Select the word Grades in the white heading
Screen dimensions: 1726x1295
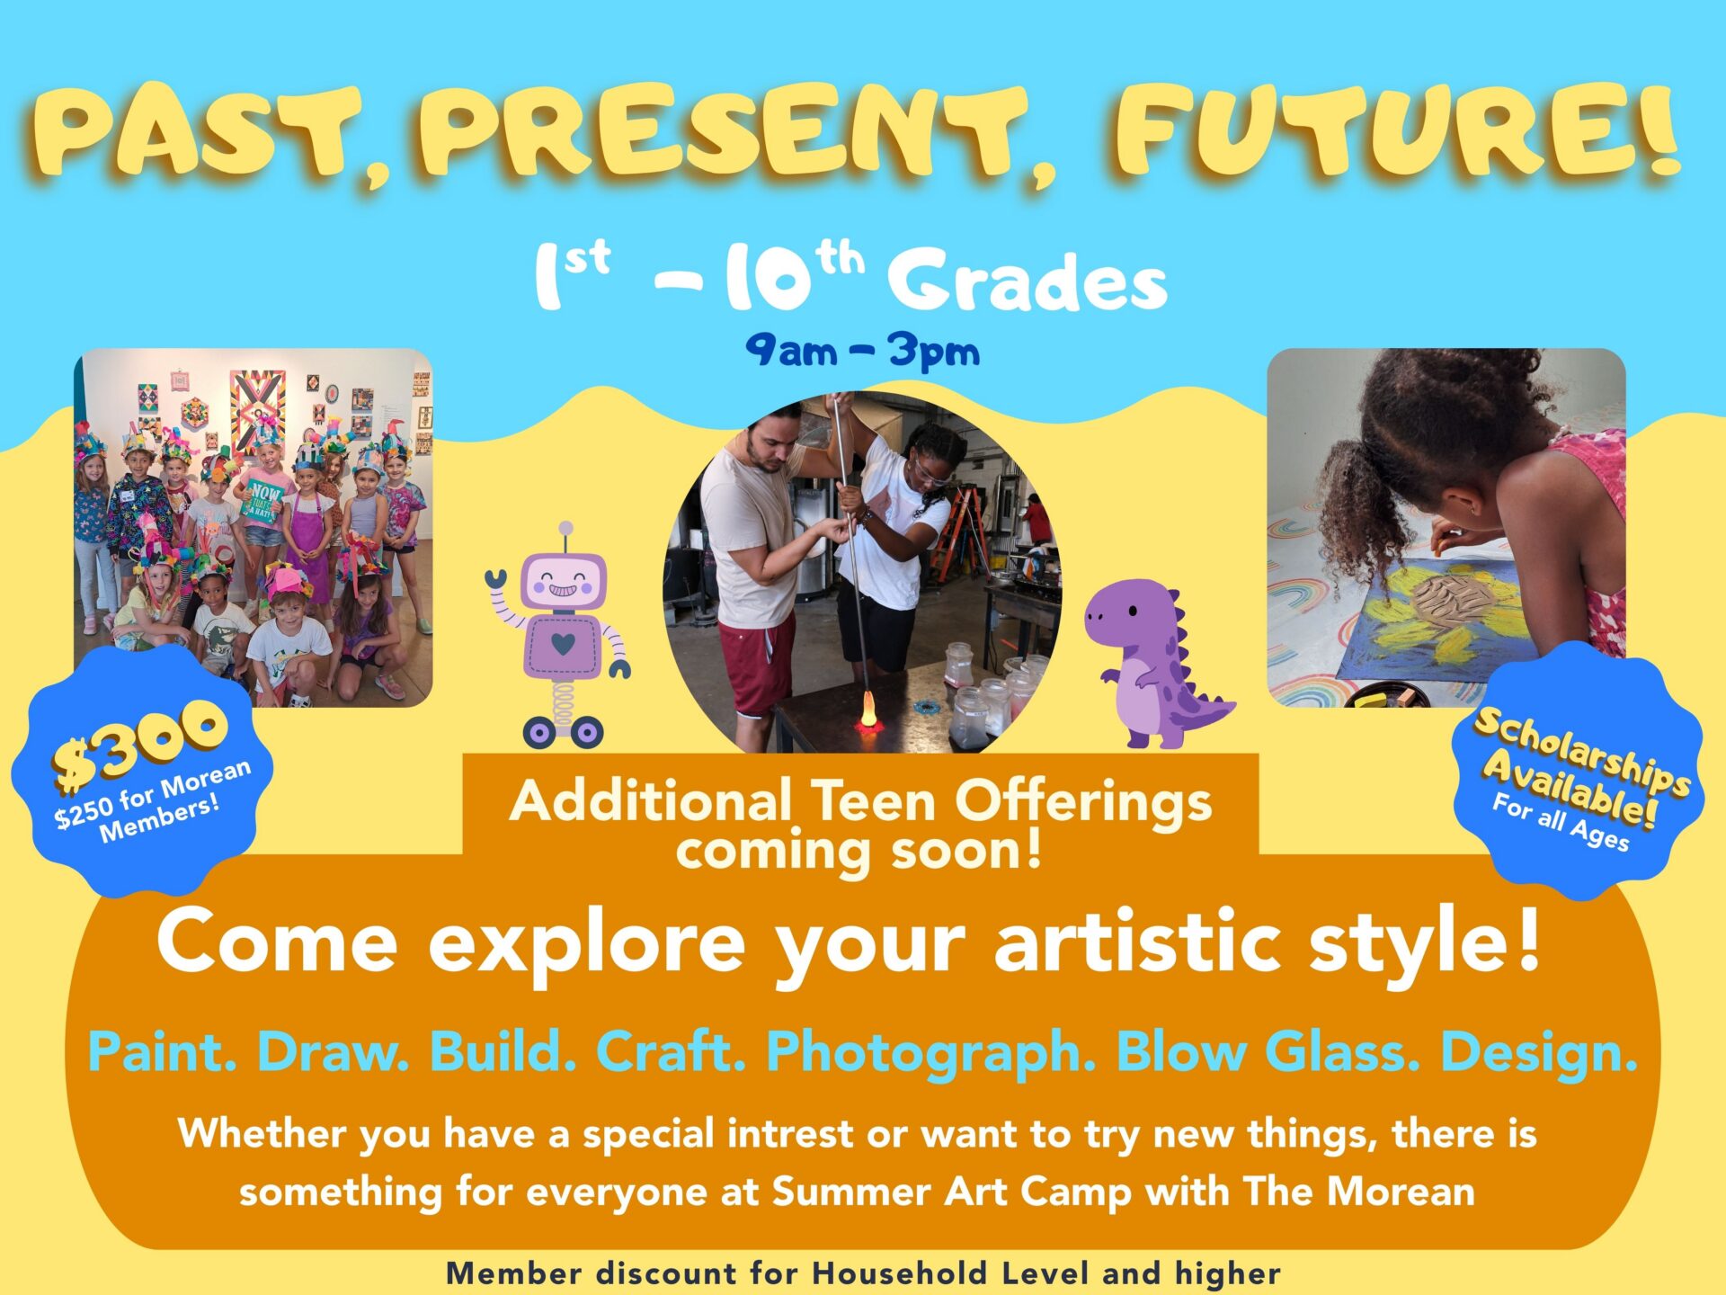coord(1028,281)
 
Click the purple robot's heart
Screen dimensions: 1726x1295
coord(564,644)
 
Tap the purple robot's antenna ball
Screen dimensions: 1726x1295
coord(565,529)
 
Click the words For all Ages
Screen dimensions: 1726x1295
coord(1561,821)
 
